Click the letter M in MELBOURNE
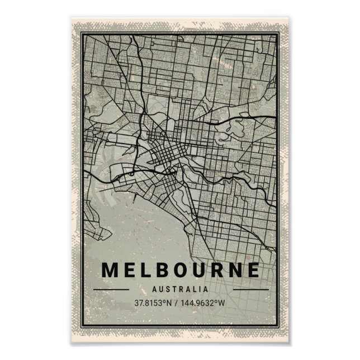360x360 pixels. pos(111,270)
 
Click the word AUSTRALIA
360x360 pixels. pos(180,290)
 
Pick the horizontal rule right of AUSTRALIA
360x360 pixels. pos(250,290)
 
